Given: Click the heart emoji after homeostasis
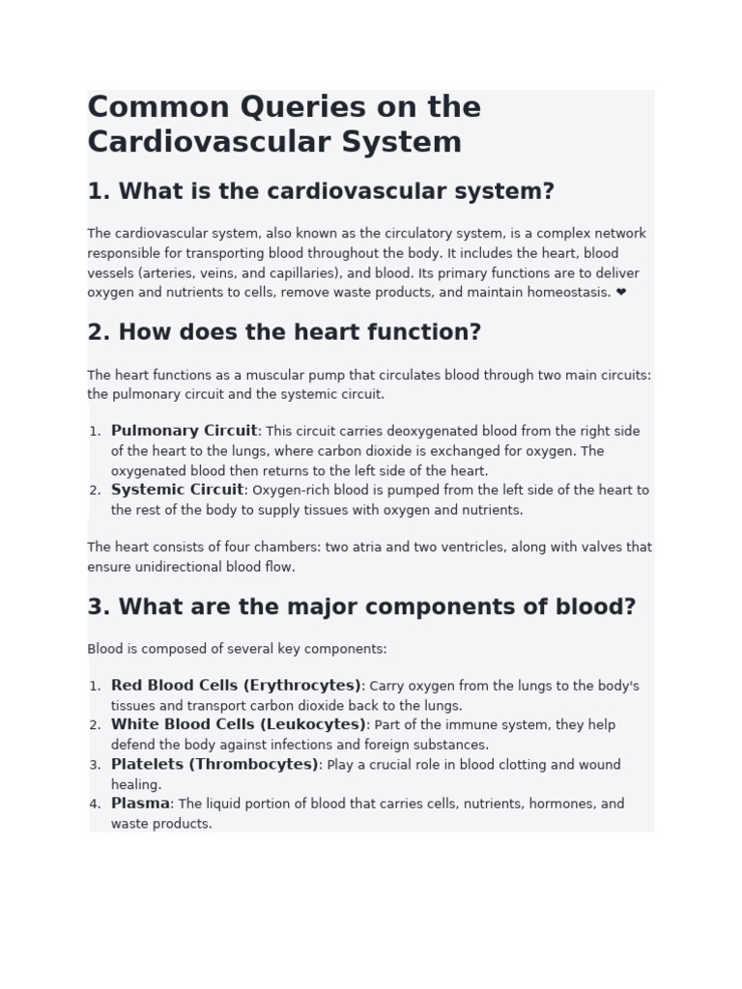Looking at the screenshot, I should coord(620,293).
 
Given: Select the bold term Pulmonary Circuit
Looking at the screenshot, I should coord(184,431).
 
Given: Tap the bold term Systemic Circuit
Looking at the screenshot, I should coord(177,490).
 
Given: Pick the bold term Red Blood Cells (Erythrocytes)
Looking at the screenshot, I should coord(236,686).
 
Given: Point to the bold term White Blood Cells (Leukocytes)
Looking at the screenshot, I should coord(238,724).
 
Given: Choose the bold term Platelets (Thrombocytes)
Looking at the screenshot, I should coord(214,764).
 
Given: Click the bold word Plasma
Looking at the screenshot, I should coord(140,804).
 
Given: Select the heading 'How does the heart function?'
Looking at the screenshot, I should coord(284,332).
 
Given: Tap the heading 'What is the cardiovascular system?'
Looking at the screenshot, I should coord(321,191).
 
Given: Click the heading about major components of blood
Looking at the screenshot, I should coord(361,608).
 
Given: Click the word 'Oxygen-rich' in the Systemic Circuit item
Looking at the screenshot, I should coord(288,491).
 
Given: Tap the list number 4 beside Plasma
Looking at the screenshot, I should coord(95,804).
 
